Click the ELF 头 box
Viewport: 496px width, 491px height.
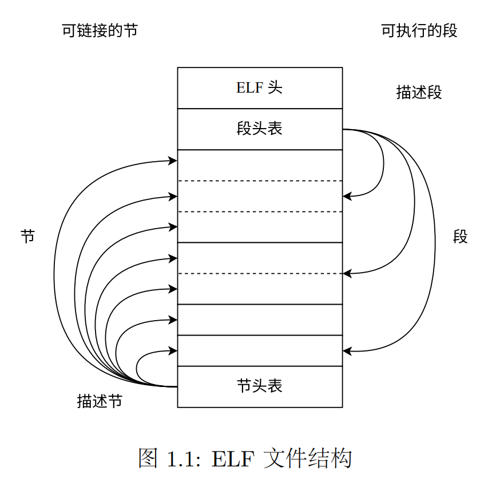260,88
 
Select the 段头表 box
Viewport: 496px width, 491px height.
260,129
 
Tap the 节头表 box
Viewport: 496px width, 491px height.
260,386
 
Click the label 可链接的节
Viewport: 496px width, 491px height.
100,30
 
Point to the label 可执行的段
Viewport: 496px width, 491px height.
419,30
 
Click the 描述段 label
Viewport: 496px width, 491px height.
419,92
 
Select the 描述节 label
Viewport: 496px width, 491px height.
100,401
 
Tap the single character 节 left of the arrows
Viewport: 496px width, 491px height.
28,236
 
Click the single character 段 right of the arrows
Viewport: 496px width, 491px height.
461,236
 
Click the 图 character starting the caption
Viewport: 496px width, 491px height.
148,459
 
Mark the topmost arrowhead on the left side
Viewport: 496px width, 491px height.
173,161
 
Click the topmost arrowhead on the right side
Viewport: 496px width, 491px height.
347,197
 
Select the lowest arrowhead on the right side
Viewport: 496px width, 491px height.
347,350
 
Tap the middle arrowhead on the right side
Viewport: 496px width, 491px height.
347,274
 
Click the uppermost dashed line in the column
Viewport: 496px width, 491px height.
260,181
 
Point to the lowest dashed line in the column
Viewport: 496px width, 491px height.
260,274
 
